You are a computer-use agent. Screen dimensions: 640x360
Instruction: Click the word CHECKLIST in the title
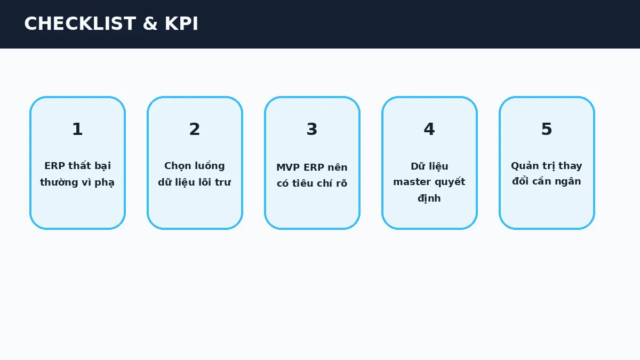point(80,23)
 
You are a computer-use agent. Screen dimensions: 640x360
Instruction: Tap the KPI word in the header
point(181,23)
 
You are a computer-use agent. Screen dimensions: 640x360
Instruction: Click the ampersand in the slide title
point(150,23)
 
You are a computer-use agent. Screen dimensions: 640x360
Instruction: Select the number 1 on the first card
point(77,129)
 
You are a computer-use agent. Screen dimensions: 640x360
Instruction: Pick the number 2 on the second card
point(195,129)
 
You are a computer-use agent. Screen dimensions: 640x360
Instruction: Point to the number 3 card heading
point(312,129)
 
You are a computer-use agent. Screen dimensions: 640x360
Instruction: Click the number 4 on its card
point(429,129)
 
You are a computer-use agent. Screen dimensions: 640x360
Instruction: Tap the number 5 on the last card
point(547,129)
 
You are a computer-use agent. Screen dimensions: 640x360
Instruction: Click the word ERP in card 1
point(54,166)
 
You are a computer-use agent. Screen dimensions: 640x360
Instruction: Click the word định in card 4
point(429,198)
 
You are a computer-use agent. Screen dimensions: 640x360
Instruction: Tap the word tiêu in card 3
point(302,183)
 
